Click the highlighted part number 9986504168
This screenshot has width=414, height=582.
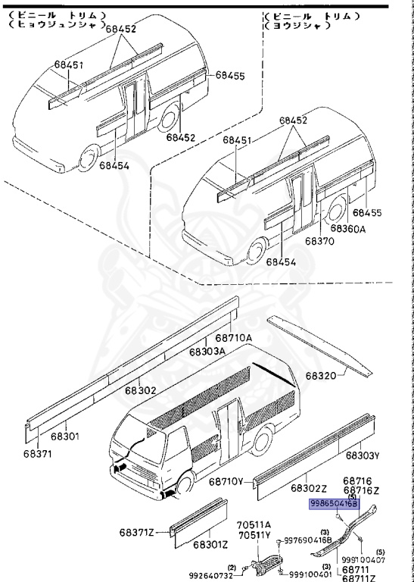point(333,502)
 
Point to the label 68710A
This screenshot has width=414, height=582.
point(233,338)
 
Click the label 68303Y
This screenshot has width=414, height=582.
point(363,455)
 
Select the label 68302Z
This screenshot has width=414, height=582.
point(309,488)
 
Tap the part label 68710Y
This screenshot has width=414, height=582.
point(226,482)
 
